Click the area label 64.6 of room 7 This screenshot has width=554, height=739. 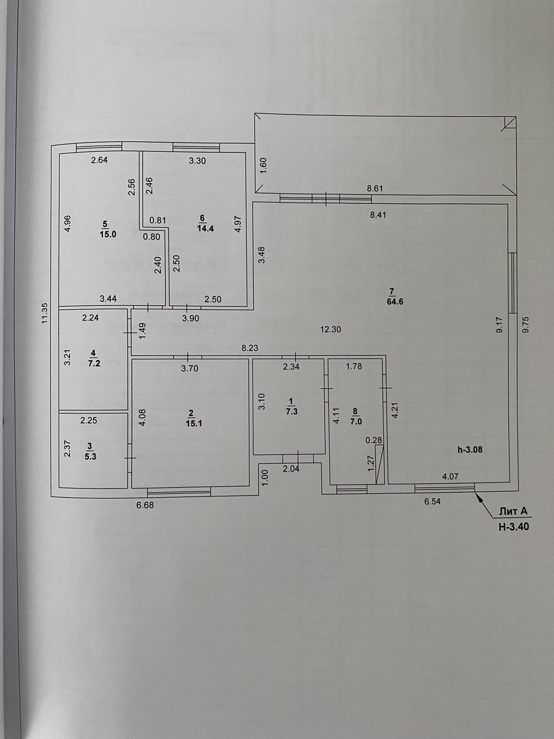(x=395, y=302)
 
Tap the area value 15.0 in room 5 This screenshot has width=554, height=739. (x=108, y=234)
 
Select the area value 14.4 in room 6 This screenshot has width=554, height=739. (x=205, y=228)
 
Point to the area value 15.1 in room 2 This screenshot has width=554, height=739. (x=194, y=423)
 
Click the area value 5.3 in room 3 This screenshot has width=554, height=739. (x=90, y=456)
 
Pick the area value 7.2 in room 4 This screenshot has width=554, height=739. (x=94, y=363)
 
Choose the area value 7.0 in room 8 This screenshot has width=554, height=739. (x=356, y=421)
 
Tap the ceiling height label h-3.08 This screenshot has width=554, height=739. (x=470, y=450)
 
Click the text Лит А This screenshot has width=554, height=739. (x=513, y=511)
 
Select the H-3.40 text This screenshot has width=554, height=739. (x=514, y=526)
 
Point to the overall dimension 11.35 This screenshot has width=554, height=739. (x=45, y=313)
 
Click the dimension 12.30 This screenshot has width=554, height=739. (x=330, y=329)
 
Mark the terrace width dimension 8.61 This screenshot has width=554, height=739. (x=375, y=188)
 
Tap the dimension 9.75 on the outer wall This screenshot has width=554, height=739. (x=525, y=324)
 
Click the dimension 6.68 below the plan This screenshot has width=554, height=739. (x=145, y=505)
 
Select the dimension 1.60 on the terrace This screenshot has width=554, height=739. (x=264, y=165)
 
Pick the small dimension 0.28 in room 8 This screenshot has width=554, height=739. (x=373, y=440)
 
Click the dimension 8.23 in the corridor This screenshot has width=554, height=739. (x=250, y=348)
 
